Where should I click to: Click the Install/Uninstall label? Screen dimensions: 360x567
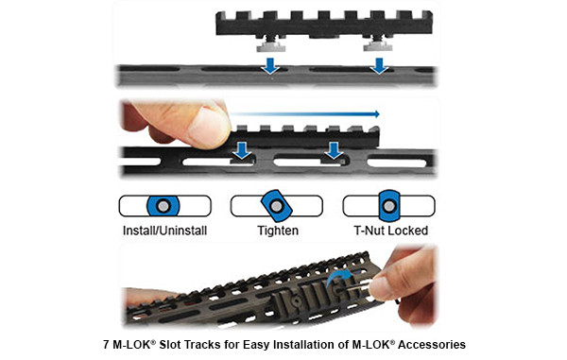tap(164, 230)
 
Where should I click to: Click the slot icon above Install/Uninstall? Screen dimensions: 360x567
tap(164, 206)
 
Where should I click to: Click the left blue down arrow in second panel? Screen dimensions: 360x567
tap(242, 151)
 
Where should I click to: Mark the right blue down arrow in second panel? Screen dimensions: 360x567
tap(333, 151)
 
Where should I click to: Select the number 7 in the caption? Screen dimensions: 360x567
tap(104, 345)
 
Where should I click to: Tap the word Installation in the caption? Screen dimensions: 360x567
tap(302, 345)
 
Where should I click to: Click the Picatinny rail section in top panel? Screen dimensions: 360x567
tap(325, 24)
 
